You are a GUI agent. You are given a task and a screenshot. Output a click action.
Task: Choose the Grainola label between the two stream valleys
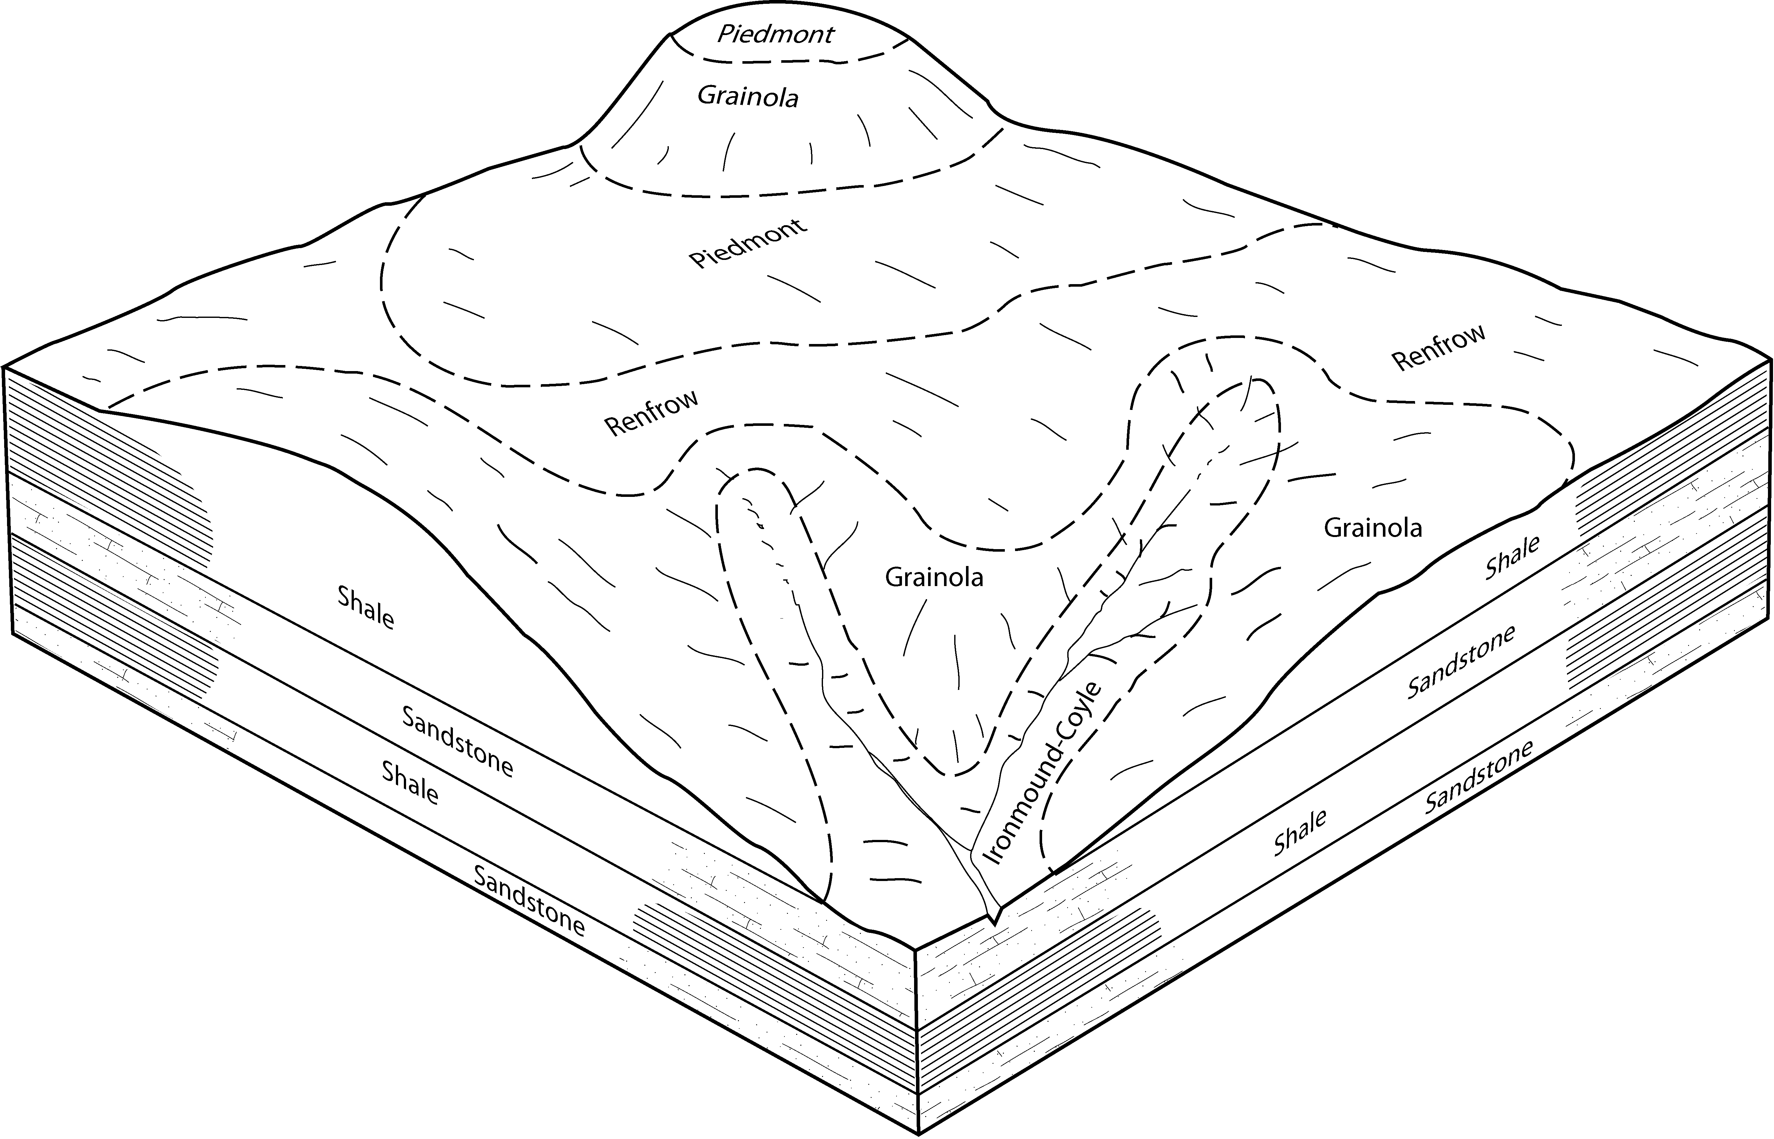coord(934,577)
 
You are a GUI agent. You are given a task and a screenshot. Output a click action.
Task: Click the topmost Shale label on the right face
coord(1512,557)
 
